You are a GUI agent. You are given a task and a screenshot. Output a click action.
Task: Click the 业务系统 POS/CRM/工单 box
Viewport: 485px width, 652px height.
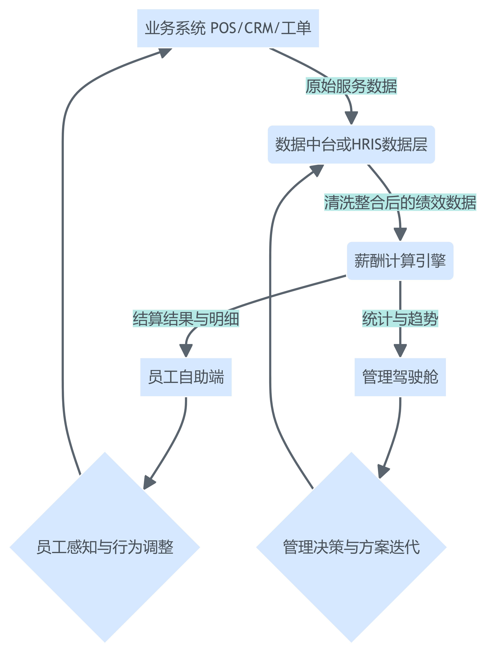point(228,28)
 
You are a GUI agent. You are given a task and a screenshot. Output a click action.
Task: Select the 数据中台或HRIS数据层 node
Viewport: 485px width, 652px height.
point(351,144)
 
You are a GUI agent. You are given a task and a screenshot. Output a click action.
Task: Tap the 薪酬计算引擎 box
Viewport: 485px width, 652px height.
point(400,261)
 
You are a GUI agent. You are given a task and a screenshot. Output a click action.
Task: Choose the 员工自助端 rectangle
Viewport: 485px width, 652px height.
point(186,377)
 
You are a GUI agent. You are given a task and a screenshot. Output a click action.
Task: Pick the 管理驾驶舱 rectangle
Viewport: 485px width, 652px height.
point(400,377)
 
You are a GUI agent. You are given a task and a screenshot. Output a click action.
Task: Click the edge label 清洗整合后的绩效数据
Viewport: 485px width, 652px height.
point(400,202)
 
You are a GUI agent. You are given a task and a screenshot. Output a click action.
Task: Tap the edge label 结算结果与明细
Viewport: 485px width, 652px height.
point(186,318)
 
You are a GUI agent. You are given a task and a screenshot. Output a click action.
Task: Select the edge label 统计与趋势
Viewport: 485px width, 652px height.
point(400,318)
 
